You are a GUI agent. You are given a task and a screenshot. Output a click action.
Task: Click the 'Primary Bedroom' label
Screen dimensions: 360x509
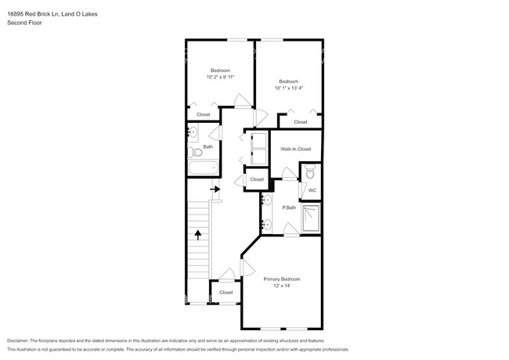pyautogui.click(x=281, y=279)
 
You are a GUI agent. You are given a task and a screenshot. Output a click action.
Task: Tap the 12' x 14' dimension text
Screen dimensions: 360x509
pyautogui.click(x=281, y=286)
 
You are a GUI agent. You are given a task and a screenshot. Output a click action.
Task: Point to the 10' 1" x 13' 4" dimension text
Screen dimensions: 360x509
pyautogui.click(x=289, y=88)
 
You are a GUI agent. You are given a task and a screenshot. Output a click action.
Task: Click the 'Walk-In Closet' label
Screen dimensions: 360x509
pyautogui.click(x=295, y=149)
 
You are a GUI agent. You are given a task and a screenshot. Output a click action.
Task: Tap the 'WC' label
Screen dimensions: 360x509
pyautogui.click(x=312, y=190)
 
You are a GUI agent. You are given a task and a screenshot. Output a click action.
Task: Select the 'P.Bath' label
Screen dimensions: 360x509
pyautogui.click(x=290, y=207)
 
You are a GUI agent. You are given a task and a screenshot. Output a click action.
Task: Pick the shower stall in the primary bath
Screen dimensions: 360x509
pyautogui.click(x=311, y=219)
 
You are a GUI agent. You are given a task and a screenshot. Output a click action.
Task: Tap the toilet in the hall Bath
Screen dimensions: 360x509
pyautogui.click(x=193, y=152)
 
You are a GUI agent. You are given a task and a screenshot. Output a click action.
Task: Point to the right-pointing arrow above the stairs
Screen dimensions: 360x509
pyautogui.click(x=215, y=189)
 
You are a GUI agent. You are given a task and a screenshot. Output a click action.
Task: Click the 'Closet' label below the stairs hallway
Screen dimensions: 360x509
pyautogui.click(x=226, y=292)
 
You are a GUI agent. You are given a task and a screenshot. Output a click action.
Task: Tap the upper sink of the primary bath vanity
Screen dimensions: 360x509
pyautogui.click(x=267, y=200)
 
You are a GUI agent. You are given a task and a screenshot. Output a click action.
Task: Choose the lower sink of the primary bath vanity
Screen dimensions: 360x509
pyautogui.click(x=267, y=225)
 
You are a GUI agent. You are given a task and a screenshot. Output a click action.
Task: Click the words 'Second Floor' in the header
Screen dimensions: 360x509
pyautogui.click(x=24, y=23)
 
